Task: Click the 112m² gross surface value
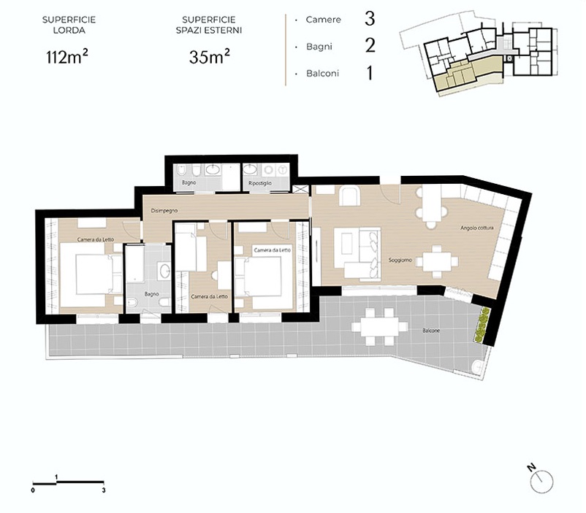67,57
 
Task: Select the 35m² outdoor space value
210,57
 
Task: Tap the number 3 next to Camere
370,19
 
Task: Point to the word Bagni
319,47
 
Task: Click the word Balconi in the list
322,73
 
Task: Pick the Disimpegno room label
164,211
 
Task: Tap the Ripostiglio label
260,183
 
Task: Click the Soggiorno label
400,260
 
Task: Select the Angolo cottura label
477,228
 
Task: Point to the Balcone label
431,331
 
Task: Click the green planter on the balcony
482,325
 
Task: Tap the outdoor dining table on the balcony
379,326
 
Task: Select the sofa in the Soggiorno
362,254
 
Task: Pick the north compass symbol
540,479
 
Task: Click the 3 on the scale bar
104,490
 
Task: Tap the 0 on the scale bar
34,490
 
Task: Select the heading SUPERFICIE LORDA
69,25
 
